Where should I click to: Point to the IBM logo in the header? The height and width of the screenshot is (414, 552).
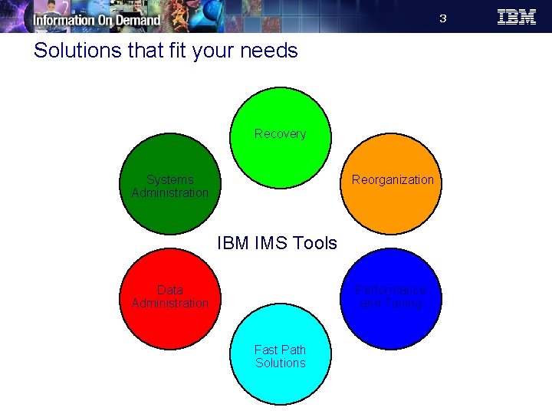pyautogui.click(x=517, y=17)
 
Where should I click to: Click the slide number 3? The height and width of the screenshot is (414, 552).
pyautogui.click(x=442, y=18)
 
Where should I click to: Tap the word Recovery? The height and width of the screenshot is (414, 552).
pyautogui.click(x=280, y=134)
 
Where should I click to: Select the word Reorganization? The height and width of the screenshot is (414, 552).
pyautogui.click(x=393, y=180)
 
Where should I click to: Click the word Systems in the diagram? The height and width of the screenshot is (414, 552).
pyautogui.click(x=169, y=180)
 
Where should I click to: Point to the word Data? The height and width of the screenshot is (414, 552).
pyautogui.click(x=169, y=290)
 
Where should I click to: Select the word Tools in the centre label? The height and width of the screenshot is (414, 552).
pyautogui.click(x=314, y=243)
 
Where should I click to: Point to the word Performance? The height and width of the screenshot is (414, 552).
pyautogui.click(x=391, y=291)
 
